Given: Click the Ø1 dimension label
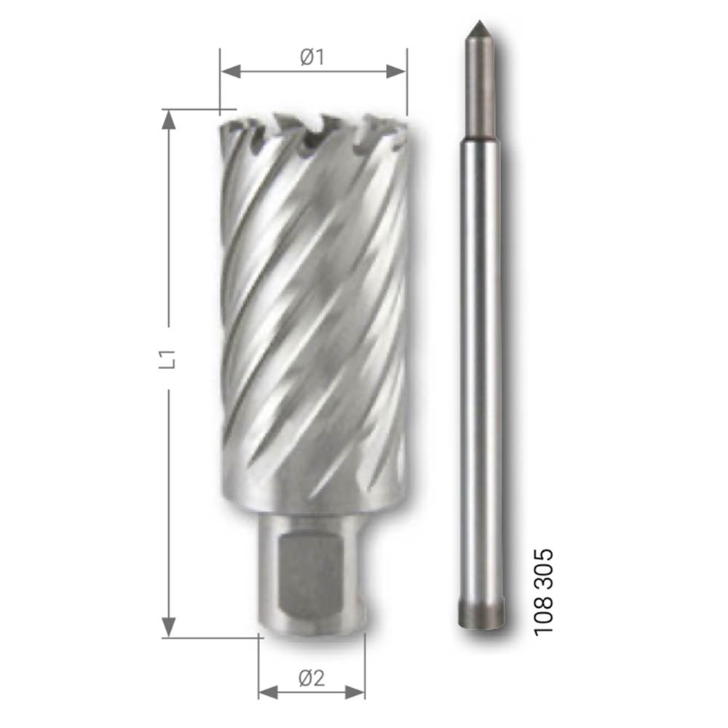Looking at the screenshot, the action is pyautogui.click(x=312, y=57).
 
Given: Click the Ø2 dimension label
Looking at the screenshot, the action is pyautogui.click(x=312, y=678).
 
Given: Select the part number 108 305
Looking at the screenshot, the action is pyautogui.click(x=544, y=592).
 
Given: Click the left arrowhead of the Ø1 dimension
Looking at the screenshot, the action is pyautogui.click(x=231, y=71).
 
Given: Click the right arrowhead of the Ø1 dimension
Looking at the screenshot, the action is pyautogui.click(x=396, y=71).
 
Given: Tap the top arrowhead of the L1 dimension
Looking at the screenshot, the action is pyautogui.click(x=169, y=120).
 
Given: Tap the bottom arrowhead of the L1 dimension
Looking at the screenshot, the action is pyautogui.click(x=169, y=628).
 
